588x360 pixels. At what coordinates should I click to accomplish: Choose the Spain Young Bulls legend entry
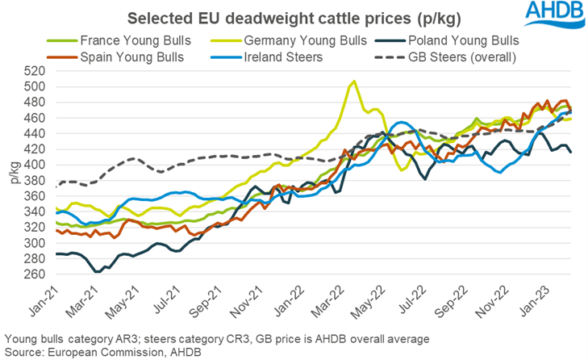pyautogui.click(x=126, y=57)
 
